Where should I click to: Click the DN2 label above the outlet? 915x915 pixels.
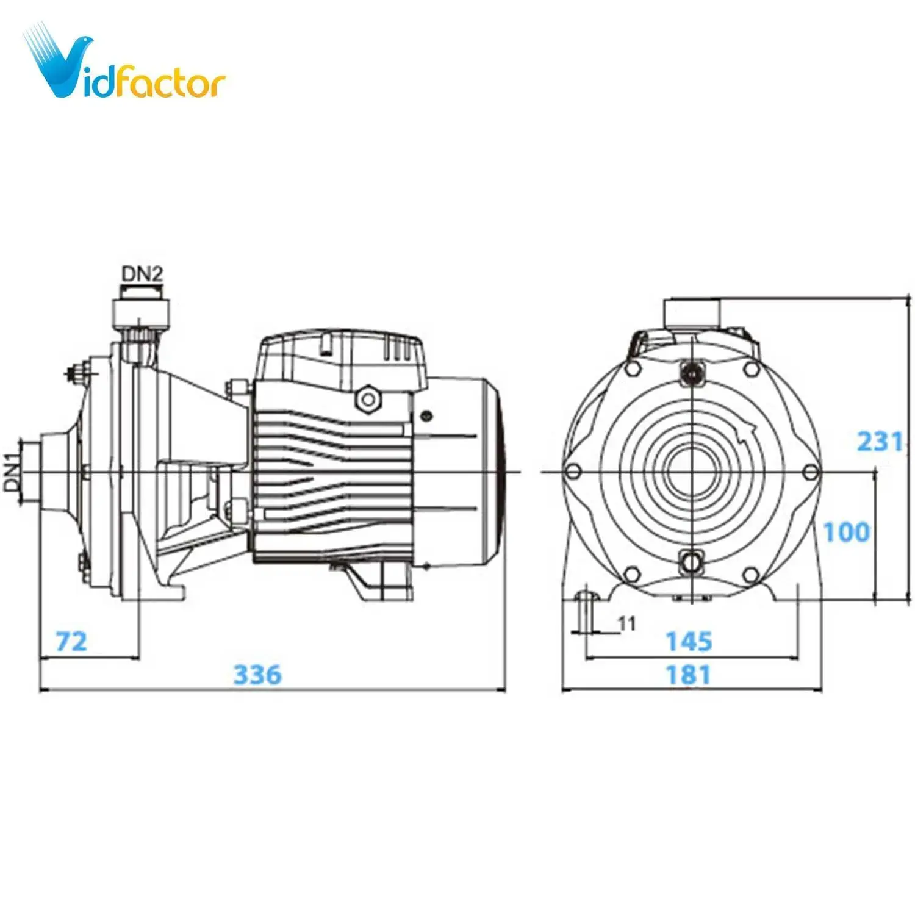(142, 274)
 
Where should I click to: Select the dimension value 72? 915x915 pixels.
(71, 642)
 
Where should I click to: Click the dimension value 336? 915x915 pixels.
(257, 675)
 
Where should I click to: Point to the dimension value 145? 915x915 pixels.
(689, 642)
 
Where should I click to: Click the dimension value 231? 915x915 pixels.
(879, 441)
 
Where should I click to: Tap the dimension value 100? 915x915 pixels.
(846, 532)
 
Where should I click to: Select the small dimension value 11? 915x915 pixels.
(626, 623)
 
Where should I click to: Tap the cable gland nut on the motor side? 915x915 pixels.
(368, 400)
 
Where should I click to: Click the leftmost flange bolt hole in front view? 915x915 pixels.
(573, 472)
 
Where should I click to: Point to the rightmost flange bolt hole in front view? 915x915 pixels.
(810, 472)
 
